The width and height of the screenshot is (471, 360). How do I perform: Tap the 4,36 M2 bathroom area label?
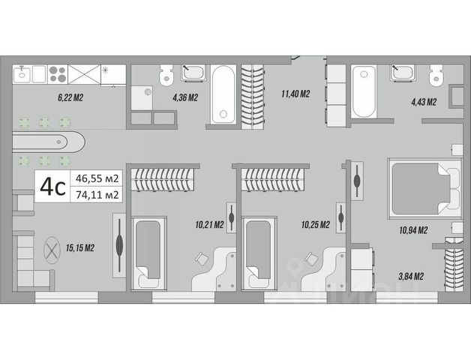point(185,97)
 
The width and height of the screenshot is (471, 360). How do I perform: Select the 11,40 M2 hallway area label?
point(295,94)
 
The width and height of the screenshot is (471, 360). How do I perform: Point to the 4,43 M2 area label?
point(422,102)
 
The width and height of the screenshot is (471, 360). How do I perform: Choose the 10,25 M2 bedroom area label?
point(315,223)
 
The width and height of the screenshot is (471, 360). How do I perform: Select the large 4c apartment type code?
point(52,187)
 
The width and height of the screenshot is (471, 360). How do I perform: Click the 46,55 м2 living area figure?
point(95,178)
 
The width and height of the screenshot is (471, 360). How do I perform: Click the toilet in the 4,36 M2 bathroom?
point(166,76)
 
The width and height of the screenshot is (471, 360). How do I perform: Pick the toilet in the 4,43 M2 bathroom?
point(433,76)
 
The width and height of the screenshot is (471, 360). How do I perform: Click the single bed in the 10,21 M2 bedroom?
point(147,253)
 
